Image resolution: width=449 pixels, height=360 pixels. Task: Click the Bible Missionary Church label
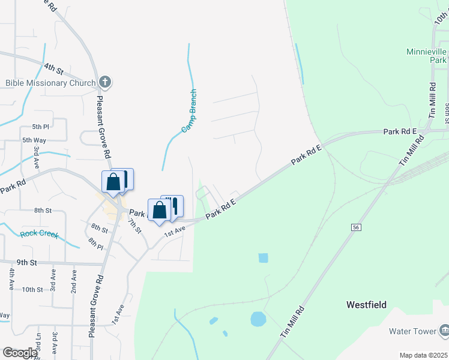click(x=50, y=83)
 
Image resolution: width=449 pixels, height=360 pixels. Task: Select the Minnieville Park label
click(x=426, y=56)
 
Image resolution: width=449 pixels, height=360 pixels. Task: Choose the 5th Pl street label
click(x=41, y=127)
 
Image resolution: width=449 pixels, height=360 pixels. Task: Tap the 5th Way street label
click(x=34, y=140)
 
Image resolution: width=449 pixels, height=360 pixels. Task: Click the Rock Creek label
click(x=39, y=234)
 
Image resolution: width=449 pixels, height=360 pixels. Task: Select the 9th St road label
click(x=27, y=262)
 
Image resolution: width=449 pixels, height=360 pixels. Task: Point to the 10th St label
click(x=32, y=289)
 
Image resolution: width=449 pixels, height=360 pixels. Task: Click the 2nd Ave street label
click(x=74, y=281)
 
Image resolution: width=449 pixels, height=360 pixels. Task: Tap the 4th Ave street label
click(x=11, y=280)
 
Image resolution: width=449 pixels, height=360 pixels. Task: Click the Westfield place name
click(x=366, y=305)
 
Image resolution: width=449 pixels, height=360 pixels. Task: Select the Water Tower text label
click(x=412, y=331)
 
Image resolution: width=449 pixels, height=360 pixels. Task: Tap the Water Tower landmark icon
click(x=444, y=329)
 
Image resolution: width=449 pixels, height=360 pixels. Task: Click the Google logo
click(x=20, y=353)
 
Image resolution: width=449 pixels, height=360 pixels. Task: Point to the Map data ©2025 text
click(x=423, y=355)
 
